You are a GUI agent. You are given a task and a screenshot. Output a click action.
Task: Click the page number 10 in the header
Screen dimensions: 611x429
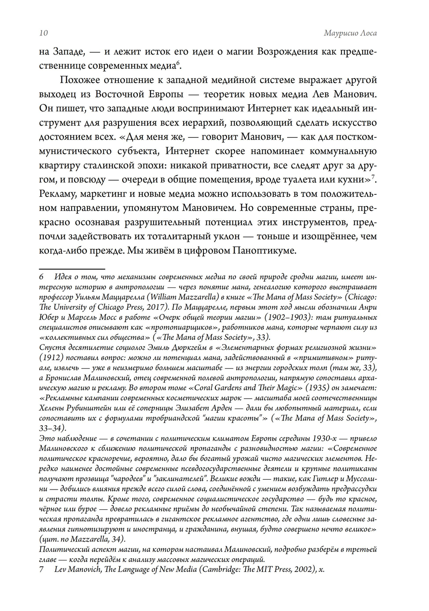click(43, 33)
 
